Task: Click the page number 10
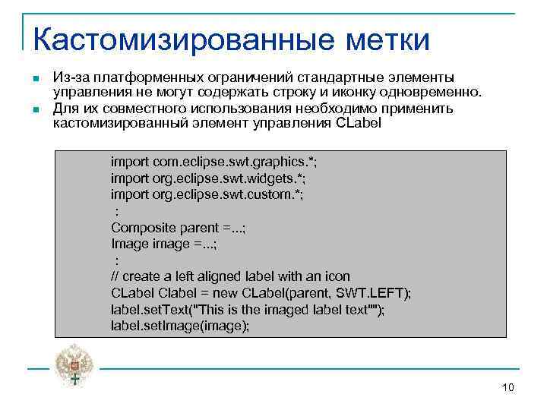[x=508, y=388]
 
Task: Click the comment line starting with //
[x=230, y=276]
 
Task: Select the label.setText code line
[x=248, y=309]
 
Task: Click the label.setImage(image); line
[x=179, y=326]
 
